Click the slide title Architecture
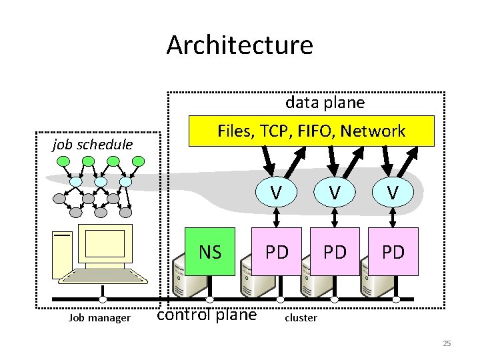(x=239, y=45)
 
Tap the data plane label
(x=325, y=103)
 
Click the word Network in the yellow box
(x=372, y=131)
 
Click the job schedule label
(x=93, y=145)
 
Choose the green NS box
(x=210, y=252)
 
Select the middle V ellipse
(x=335, y=193)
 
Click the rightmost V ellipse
(x=393, y=193)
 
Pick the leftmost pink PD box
(x=277, y=252)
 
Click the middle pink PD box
(x=335, y=252)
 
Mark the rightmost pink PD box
(x=393, y=252)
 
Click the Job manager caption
(x=99, y=318)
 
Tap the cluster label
(x=301, y=318)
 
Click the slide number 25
(x=447, y=343)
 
